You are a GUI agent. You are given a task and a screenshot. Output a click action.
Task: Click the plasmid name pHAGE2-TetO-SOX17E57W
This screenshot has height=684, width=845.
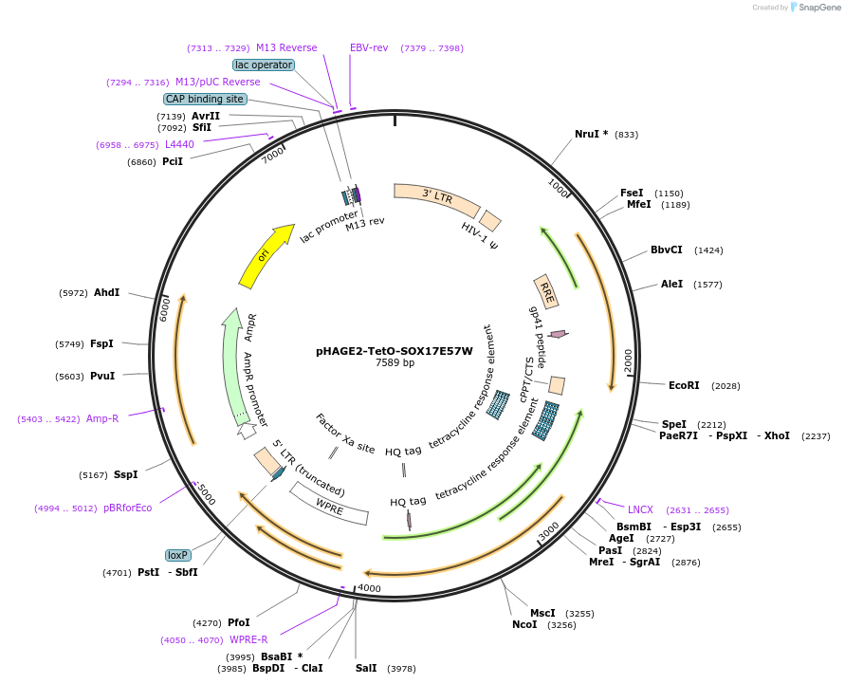(395, 350)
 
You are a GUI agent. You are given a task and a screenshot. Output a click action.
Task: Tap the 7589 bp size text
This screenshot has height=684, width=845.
(395, 362)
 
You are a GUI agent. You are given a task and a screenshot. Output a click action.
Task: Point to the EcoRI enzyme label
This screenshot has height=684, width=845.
(684, 385)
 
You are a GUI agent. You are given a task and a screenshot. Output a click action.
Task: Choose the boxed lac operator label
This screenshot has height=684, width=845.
(265, 65)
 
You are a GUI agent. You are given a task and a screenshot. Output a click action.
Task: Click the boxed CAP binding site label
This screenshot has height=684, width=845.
(205, 99)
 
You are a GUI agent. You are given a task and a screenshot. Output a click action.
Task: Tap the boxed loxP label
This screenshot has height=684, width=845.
(177, 555)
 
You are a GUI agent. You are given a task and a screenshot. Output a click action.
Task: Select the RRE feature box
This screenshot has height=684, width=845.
(546, 291)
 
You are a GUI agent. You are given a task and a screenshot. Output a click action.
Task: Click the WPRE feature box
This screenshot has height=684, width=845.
(329, 503)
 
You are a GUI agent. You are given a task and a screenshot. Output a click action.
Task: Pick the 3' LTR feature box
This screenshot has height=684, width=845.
(436, 197)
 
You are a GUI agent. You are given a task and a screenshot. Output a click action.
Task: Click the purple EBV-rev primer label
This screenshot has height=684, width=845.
(369, 47)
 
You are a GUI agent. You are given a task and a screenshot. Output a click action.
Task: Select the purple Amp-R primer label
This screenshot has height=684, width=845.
(102, 418)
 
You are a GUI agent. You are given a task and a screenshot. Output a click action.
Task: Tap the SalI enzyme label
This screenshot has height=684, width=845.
(366, 668)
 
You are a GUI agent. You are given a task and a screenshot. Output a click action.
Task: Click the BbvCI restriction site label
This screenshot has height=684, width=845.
(666, 250)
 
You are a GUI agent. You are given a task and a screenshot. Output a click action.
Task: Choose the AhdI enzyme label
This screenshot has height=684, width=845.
(106, 292)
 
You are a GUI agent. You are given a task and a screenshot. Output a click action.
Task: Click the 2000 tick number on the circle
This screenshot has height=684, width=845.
(628, 360)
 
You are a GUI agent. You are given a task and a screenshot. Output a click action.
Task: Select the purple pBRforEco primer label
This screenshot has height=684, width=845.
(127, 508)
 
